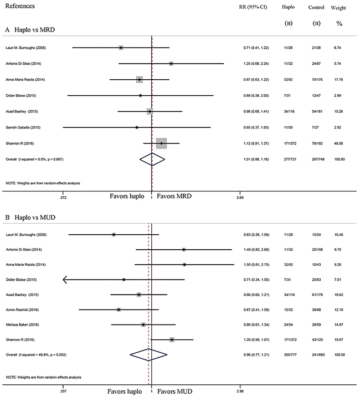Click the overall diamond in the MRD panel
[151, 159]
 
